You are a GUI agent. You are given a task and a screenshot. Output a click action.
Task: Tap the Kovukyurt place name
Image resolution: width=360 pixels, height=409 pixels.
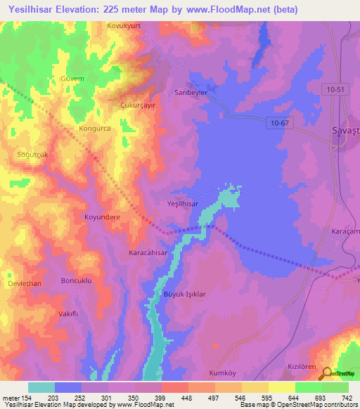[x=124, y=26]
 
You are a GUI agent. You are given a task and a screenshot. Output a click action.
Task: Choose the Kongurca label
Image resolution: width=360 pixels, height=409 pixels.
[x=96, y=130]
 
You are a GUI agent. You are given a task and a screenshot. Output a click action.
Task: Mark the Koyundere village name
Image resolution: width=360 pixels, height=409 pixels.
[x=103, y=217]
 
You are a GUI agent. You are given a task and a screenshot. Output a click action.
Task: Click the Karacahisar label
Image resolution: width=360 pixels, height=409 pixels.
[x=148, y=252]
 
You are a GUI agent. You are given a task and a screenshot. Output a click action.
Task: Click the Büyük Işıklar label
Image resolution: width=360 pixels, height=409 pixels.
[x=184, y=294]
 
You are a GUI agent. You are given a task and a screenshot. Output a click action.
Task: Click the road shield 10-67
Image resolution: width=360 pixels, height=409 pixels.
[x=278, y=123]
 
